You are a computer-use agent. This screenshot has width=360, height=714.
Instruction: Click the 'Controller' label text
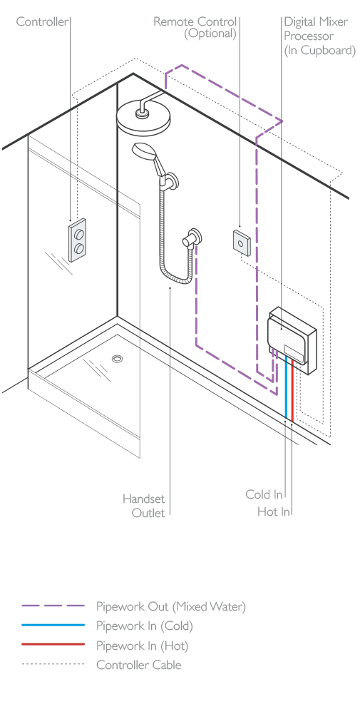click(42, 21)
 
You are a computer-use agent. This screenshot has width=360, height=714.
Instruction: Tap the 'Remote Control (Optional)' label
click(195, 27)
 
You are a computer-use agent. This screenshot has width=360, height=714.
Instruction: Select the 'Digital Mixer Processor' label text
click(319, 36)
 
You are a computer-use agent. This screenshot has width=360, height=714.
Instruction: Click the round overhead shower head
click(143, 116)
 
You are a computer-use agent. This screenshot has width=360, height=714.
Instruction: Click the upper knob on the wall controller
click(79, 235)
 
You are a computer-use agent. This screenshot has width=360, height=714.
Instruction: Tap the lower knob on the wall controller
click(79, 249)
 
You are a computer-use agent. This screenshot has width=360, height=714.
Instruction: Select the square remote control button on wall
click(241, 241)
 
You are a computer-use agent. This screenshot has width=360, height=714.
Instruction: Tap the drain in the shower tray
click(117, 359)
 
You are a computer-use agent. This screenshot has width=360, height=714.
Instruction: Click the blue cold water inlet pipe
click(287, 388)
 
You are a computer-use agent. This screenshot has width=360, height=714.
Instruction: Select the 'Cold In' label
click(264, 494)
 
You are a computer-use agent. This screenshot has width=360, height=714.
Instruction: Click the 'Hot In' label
click(273, 511)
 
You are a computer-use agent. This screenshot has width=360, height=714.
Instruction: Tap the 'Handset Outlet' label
click(144, 506)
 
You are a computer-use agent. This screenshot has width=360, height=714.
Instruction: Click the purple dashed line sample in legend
click(53, 606)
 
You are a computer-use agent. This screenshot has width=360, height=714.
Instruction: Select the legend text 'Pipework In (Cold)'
click(144, 626)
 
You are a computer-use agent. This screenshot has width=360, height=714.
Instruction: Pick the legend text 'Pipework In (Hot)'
click(142, 646)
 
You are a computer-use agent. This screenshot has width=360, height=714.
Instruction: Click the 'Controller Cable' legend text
click(139, 665)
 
